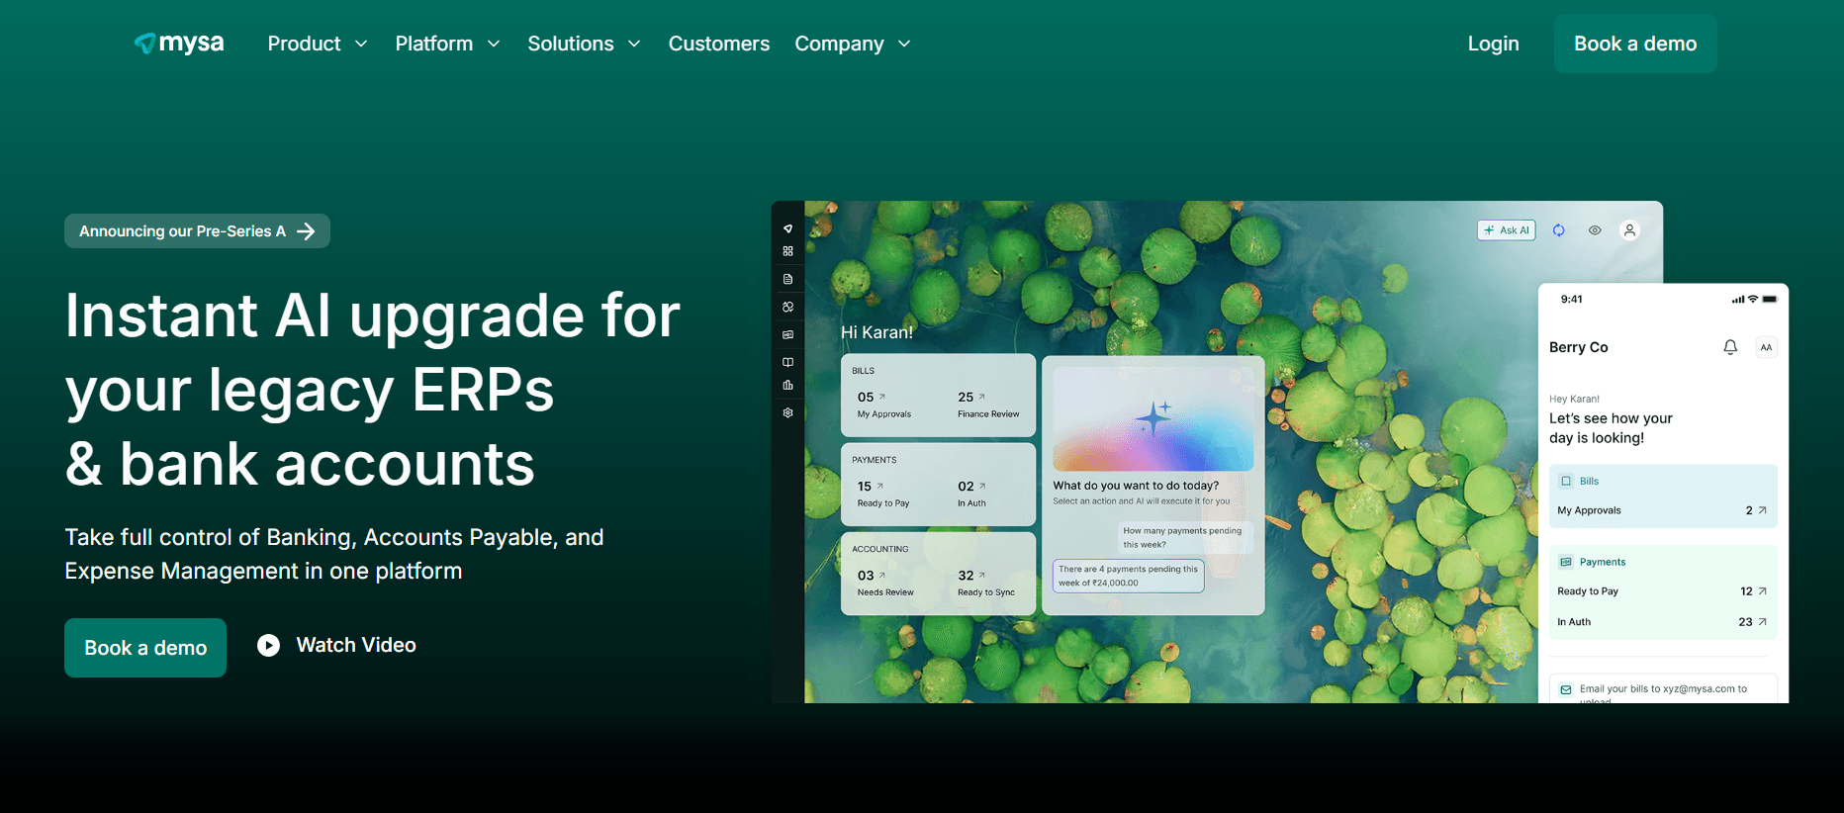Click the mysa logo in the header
coord(179,44)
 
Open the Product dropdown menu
coord(317,44)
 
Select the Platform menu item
coord(447,44)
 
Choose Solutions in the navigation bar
coord(584,44)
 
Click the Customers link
coord(718,44)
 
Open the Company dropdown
coord(852,44)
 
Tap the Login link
coord(1493,44)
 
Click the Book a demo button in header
coord(1634,44)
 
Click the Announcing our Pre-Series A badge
coord(197,231)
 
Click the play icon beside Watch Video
coord(268,646)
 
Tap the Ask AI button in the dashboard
coord(1506,230)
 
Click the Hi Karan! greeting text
coord(876,332)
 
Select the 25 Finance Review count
coord(967,398)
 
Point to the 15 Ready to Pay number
coord(866,487)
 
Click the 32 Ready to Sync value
coord(967,576)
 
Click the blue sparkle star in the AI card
coord(1153,418)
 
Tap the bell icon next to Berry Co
coord(1729,347)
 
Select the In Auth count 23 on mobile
coord(1746,622)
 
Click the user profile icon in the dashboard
coord(1629,230)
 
